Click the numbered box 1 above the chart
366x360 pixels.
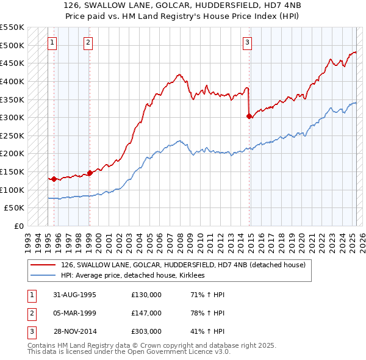[x=52, y=42]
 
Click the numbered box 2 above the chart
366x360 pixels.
[x=88, y=42]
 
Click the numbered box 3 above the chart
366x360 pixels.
[x=247, y=42]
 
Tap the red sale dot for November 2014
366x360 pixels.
[x=249, y=116]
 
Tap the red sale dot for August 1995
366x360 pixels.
[x=54, y=179]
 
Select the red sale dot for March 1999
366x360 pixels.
[x=90, y=173]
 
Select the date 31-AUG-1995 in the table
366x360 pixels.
[x=74, y=295]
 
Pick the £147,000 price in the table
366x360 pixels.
[x=146, y=313]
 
